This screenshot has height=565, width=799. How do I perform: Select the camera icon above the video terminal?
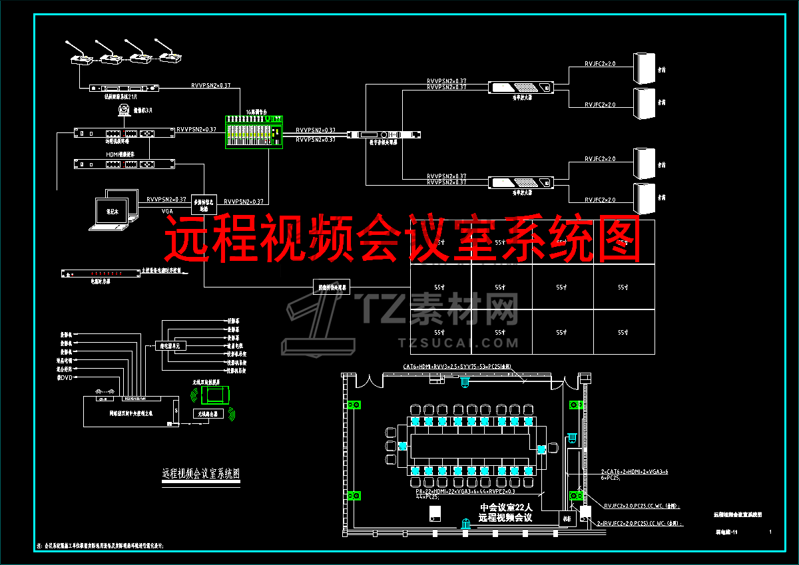123,111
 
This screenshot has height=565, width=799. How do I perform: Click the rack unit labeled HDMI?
125,164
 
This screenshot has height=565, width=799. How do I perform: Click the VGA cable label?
167,210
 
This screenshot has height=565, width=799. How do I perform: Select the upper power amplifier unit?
521,87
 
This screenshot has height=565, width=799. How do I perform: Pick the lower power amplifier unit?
521,182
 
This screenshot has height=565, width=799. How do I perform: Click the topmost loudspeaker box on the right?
644,68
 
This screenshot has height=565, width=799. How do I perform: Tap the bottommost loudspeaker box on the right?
644,198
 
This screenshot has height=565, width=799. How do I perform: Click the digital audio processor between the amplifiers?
390,135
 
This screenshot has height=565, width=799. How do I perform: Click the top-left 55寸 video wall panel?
439,243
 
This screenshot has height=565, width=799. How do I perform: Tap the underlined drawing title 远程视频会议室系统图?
201,474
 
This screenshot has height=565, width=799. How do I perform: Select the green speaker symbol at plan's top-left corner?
353,405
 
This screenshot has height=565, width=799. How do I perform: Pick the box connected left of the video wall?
331,287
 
